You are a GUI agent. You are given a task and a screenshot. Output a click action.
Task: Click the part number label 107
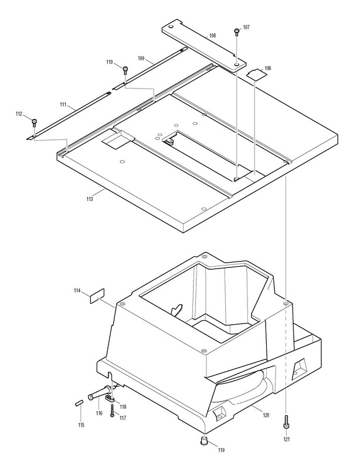click(246, 27)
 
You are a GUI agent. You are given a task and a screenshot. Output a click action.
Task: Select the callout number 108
click(212, 36)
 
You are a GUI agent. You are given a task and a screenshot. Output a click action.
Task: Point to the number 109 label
click(141, 58)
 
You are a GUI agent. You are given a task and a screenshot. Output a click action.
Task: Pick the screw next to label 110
click(126, 70)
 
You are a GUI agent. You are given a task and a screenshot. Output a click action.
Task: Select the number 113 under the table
click(90, 199)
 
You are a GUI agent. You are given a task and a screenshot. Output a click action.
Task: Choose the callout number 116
click(99, 414)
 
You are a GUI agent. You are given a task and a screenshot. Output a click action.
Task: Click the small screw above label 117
click(111, 406)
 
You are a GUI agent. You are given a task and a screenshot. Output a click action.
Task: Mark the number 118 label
click(123, 406)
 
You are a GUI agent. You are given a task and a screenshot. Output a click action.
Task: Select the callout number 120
click(266, 415)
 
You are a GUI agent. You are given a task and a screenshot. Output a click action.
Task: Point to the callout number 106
click(267, 69)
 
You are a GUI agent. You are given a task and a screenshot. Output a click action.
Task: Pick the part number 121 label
click(286, 439)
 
